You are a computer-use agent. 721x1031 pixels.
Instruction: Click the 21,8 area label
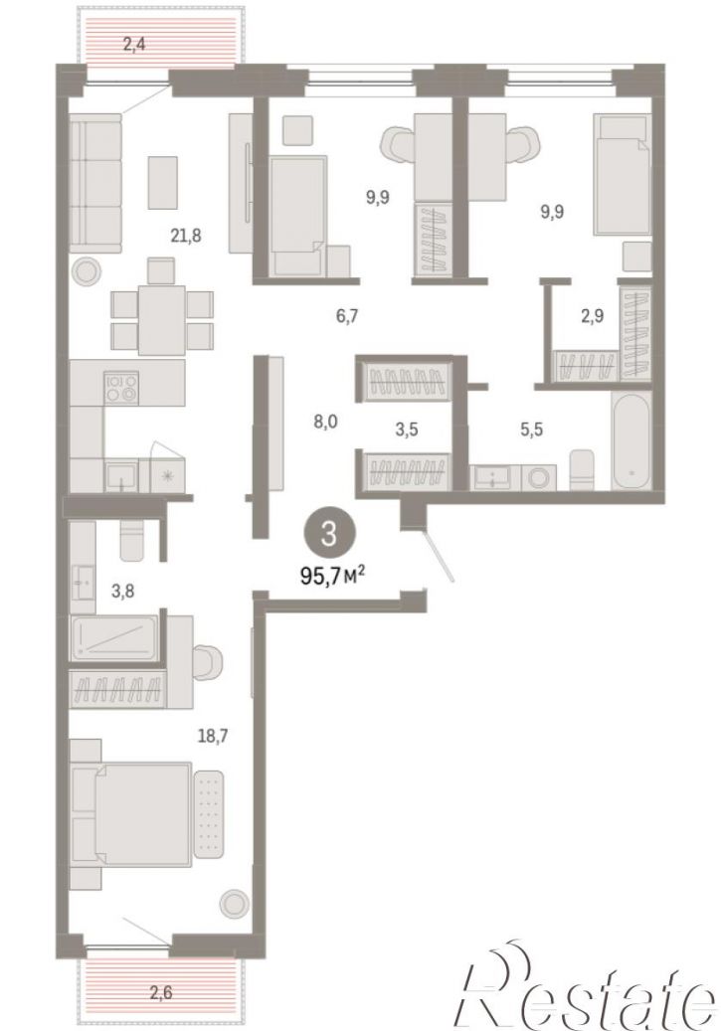tap(186, 236)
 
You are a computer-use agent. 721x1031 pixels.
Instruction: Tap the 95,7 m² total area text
tap(332, 576)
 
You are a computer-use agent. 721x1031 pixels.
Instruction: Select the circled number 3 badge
tap(329, 534)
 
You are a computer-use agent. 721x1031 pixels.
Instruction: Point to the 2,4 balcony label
tap(134, 45)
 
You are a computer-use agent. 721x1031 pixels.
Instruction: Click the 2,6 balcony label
tap(160, 991)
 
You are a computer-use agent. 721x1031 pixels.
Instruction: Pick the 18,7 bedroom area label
tap(213, 737)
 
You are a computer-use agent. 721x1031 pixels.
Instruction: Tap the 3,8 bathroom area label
tap(123, 592)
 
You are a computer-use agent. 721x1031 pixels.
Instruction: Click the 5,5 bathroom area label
tap(531, 430)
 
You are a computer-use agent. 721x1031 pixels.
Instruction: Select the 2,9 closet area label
tap(592, 316)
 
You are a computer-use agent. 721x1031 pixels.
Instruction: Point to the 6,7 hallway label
tap(347, 316)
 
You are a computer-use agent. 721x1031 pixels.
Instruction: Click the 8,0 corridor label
tap(325, 422)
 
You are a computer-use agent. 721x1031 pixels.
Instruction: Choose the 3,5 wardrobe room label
tap(407, 430)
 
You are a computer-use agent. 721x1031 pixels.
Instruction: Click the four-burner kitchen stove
tap(121, 388)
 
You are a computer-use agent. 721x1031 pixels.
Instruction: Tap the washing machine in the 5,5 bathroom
tap(539, 477)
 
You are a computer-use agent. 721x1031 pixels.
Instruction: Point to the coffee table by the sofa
tap(162, 183)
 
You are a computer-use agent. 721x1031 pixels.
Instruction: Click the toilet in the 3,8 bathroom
tap(132, 539)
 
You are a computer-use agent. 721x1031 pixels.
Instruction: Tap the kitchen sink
tap(122, 475)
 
